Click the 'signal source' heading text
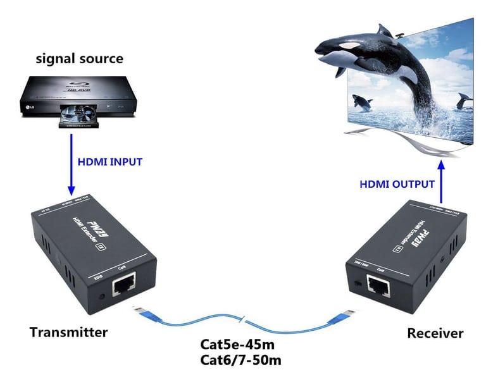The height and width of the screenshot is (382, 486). point(79,59)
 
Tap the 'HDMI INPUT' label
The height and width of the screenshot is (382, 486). point(109,162)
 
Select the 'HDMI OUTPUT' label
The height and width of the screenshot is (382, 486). point(397,185)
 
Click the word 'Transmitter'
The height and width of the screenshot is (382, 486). point(69,333)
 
